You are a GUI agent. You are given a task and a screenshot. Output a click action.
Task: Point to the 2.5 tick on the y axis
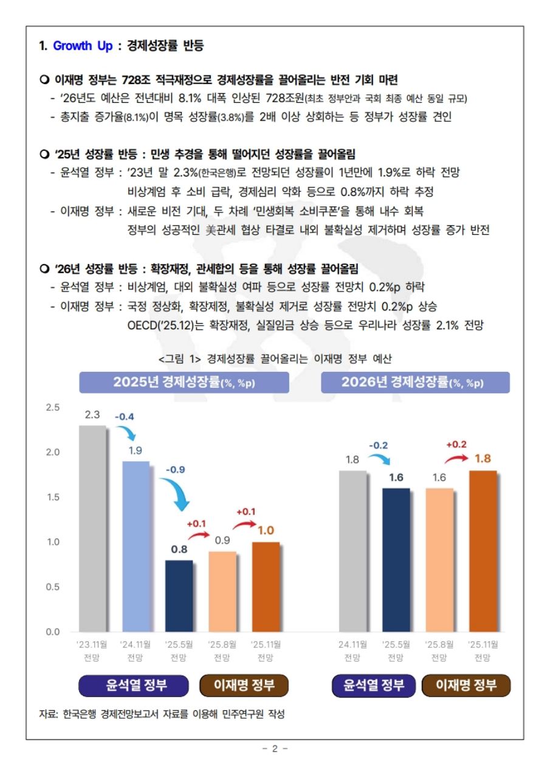coord(53,407)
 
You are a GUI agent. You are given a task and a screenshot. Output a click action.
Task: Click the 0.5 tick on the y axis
coord(53,587)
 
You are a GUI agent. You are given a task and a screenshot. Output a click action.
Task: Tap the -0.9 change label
coord(176,470)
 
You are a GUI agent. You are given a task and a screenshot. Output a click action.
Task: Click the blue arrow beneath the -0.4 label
coord(128,433)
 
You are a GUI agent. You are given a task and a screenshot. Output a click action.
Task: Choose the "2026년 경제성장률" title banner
coord(415,382)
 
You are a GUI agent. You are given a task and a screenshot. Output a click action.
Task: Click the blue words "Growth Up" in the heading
coord(83,46)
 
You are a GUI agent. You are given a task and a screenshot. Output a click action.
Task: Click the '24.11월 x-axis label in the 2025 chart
coord(136,644)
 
